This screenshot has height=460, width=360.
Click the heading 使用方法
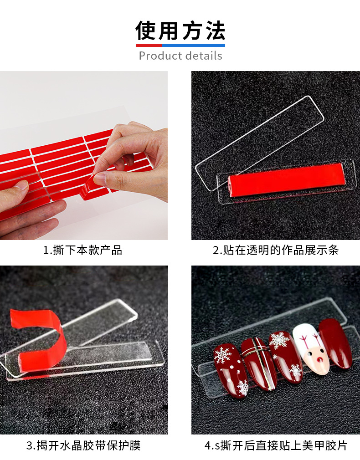coord(180,31)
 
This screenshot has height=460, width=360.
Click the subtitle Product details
coord(180,56)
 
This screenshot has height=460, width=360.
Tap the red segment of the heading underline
coord(149,45)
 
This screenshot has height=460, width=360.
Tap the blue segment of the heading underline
coord(193,45)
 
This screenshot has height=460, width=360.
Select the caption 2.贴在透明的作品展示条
coord(275,250)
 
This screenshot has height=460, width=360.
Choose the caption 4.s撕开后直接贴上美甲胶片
coord(276,445)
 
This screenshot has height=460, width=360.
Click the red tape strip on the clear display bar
coord(286,179)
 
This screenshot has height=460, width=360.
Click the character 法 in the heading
coord(215,31)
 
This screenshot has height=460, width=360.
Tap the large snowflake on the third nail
coord(278,341)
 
